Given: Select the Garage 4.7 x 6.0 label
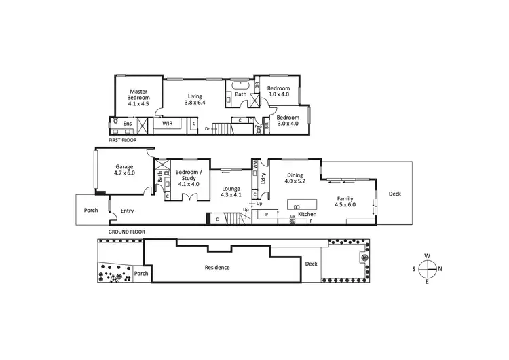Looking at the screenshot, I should click(x=124, y=170).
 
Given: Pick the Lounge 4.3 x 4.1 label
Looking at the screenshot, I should click(x=231, y=191).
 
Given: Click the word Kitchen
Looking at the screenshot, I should click(x=307, y=215).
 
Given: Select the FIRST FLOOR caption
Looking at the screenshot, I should click(x=122, y=140).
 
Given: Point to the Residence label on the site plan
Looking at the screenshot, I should click(x=217, y=267).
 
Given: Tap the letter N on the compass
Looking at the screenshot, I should click(x=440, y=268).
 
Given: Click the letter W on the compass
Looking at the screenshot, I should click(x=427, y=256).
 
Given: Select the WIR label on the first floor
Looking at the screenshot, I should click(x=166, y=124).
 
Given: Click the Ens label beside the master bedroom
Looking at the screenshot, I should click(x=127, y=124).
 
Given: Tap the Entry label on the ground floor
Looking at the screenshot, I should click(x=127, y=211).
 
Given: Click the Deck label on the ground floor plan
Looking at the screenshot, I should click(x=394, y=194).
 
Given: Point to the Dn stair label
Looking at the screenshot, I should click(x=208, y=128).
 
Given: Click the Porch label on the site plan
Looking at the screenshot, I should click(x=140, y=274).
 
